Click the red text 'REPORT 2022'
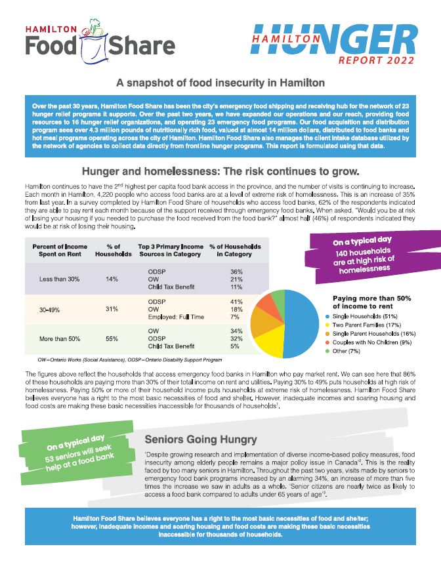pyautogui.click(x=377, y=60)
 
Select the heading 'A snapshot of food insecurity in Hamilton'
pyautogui.click(x=220, y=83)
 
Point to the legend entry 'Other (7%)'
pyautogui.click(x=347, y=352)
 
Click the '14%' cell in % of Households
pyautogui.click(x=112, y=279)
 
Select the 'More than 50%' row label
pyautogui.click(x=59, y=338)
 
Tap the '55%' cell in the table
pyautogui.click(x=112, y=338)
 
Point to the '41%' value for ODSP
pyautogui.click(x=237, y=302)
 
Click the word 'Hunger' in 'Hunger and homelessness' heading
pyautogui.click(x=102, y=172)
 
